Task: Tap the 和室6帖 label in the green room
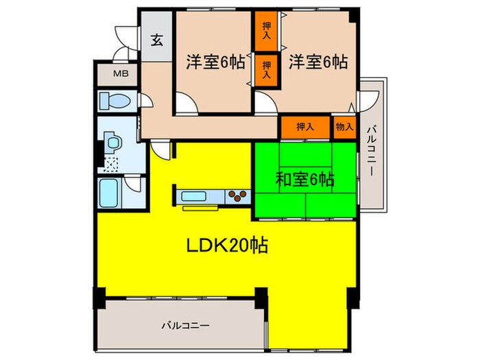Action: click(304, 180)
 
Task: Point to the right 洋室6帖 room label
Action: click(317, 62)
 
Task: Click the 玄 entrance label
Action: click(157, 39)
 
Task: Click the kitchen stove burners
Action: click(237, 197)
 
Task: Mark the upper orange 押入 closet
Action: click(266, 32)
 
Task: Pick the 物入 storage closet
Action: click(345, 127)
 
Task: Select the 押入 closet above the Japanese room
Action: click(305, 127)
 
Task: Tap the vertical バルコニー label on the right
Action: click(370, 150)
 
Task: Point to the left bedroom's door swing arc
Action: click(184, 104)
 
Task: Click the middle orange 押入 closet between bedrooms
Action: click(266, 69)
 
